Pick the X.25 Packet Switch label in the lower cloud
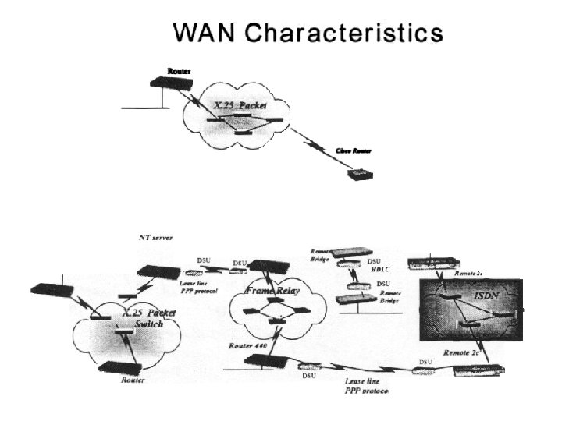tap(148, 317)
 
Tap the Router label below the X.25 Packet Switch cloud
tap(134, 381)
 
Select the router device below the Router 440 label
tap(261, 359)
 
